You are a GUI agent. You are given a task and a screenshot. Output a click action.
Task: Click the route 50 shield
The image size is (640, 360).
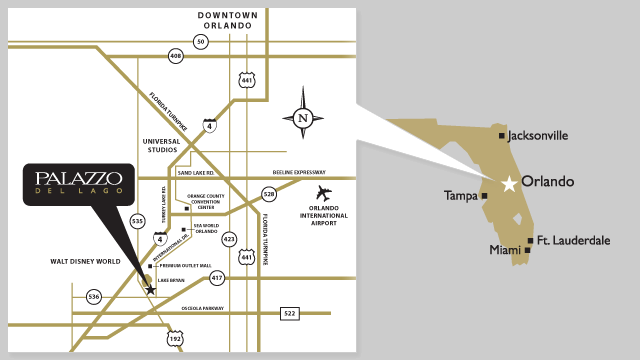(201, 41)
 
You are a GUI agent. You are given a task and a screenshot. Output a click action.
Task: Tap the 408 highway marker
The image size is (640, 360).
(177, 57)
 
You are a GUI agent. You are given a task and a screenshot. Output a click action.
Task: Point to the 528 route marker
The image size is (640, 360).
(268, 194)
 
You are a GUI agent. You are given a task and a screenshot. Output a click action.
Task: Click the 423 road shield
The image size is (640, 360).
(229, 239)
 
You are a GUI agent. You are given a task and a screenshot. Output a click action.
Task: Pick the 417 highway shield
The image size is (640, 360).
(217, 277)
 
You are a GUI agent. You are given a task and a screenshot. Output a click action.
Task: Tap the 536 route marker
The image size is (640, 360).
(94, 296)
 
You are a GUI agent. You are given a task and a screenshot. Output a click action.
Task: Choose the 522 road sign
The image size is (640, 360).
(290, 314)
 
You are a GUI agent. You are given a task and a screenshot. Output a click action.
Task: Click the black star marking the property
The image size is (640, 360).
(150, 289)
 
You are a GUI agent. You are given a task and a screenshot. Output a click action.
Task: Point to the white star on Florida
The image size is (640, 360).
(509, 183)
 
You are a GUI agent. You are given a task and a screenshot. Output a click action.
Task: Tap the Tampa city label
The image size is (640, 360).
(461, 196)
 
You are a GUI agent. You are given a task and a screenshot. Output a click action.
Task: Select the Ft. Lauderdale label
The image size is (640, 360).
(572, 240)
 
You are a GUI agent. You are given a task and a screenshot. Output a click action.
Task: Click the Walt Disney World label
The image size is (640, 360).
(85, 262)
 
